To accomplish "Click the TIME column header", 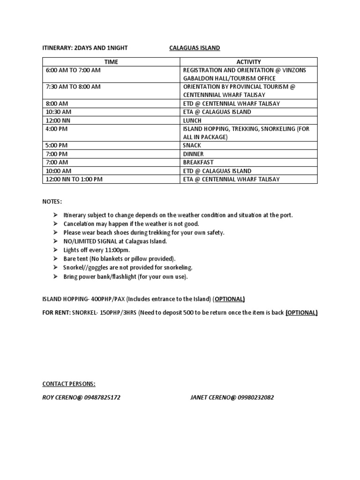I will point(111,62).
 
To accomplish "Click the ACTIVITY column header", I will point(248,62).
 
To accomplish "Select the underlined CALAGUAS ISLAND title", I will point(195,48).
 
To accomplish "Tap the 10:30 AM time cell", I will point(59,112).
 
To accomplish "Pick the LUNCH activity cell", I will point(193,120).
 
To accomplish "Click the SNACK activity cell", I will point(192,146).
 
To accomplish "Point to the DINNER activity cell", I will point(194,154).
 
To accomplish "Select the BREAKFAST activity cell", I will point(198,163).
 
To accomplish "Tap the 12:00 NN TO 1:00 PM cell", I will point(74,180).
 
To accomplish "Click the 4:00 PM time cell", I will point(57,129).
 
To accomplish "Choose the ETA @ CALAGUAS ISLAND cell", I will point(217,112).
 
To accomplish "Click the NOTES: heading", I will point(52,202).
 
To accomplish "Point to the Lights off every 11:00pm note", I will point(97,250).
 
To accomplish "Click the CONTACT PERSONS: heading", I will point(69,384).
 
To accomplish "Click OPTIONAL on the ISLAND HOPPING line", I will point(230,300).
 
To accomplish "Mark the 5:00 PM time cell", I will point(57,146).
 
